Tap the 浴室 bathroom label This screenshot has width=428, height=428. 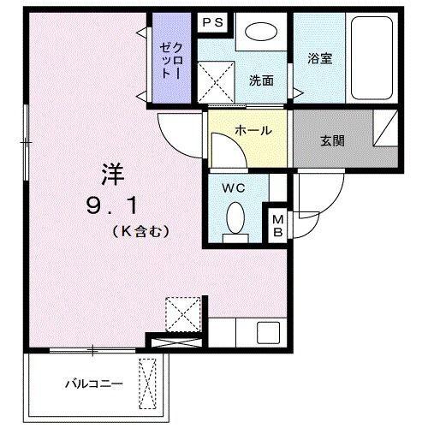(x=318, y=60)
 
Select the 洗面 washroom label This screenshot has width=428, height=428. (x=261, y=81)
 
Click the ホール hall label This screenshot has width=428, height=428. (x=253, y=131)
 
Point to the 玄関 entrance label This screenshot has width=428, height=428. (x=333, y=140)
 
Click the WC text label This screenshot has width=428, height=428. (x=233, y=187)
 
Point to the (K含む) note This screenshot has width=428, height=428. (x=141, y=230)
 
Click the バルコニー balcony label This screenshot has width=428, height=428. (x=94, y=384)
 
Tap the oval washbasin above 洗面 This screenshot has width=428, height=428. (x=261, y=33)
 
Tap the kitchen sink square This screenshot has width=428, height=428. (x=268, y=332)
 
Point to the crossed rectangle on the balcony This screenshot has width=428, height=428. (x=151, y=384)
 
